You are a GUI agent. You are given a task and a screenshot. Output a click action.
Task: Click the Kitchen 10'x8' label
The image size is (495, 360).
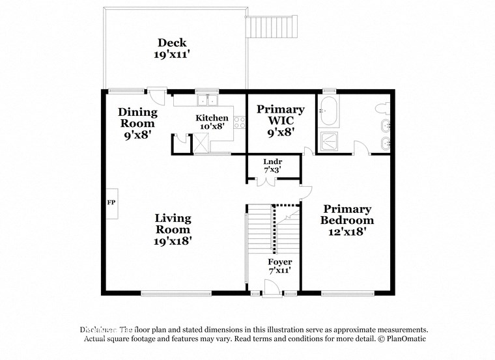coord(212,122)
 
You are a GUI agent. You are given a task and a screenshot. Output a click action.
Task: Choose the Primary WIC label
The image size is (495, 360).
coord(280,120)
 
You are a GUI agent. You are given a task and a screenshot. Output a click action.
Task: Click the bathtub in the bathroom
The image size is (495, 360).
coord(330,111)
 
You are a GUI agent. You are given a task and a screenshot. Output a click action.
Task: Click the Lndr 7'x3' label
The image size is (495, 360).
coord(272,165)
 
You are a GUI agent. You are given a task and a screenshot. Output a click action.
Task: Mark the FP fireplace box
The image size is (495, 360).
coord(111,202)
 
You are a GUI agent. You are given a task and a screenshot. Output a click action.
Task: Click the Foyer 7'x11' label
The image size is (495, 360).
coord(280,266)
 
